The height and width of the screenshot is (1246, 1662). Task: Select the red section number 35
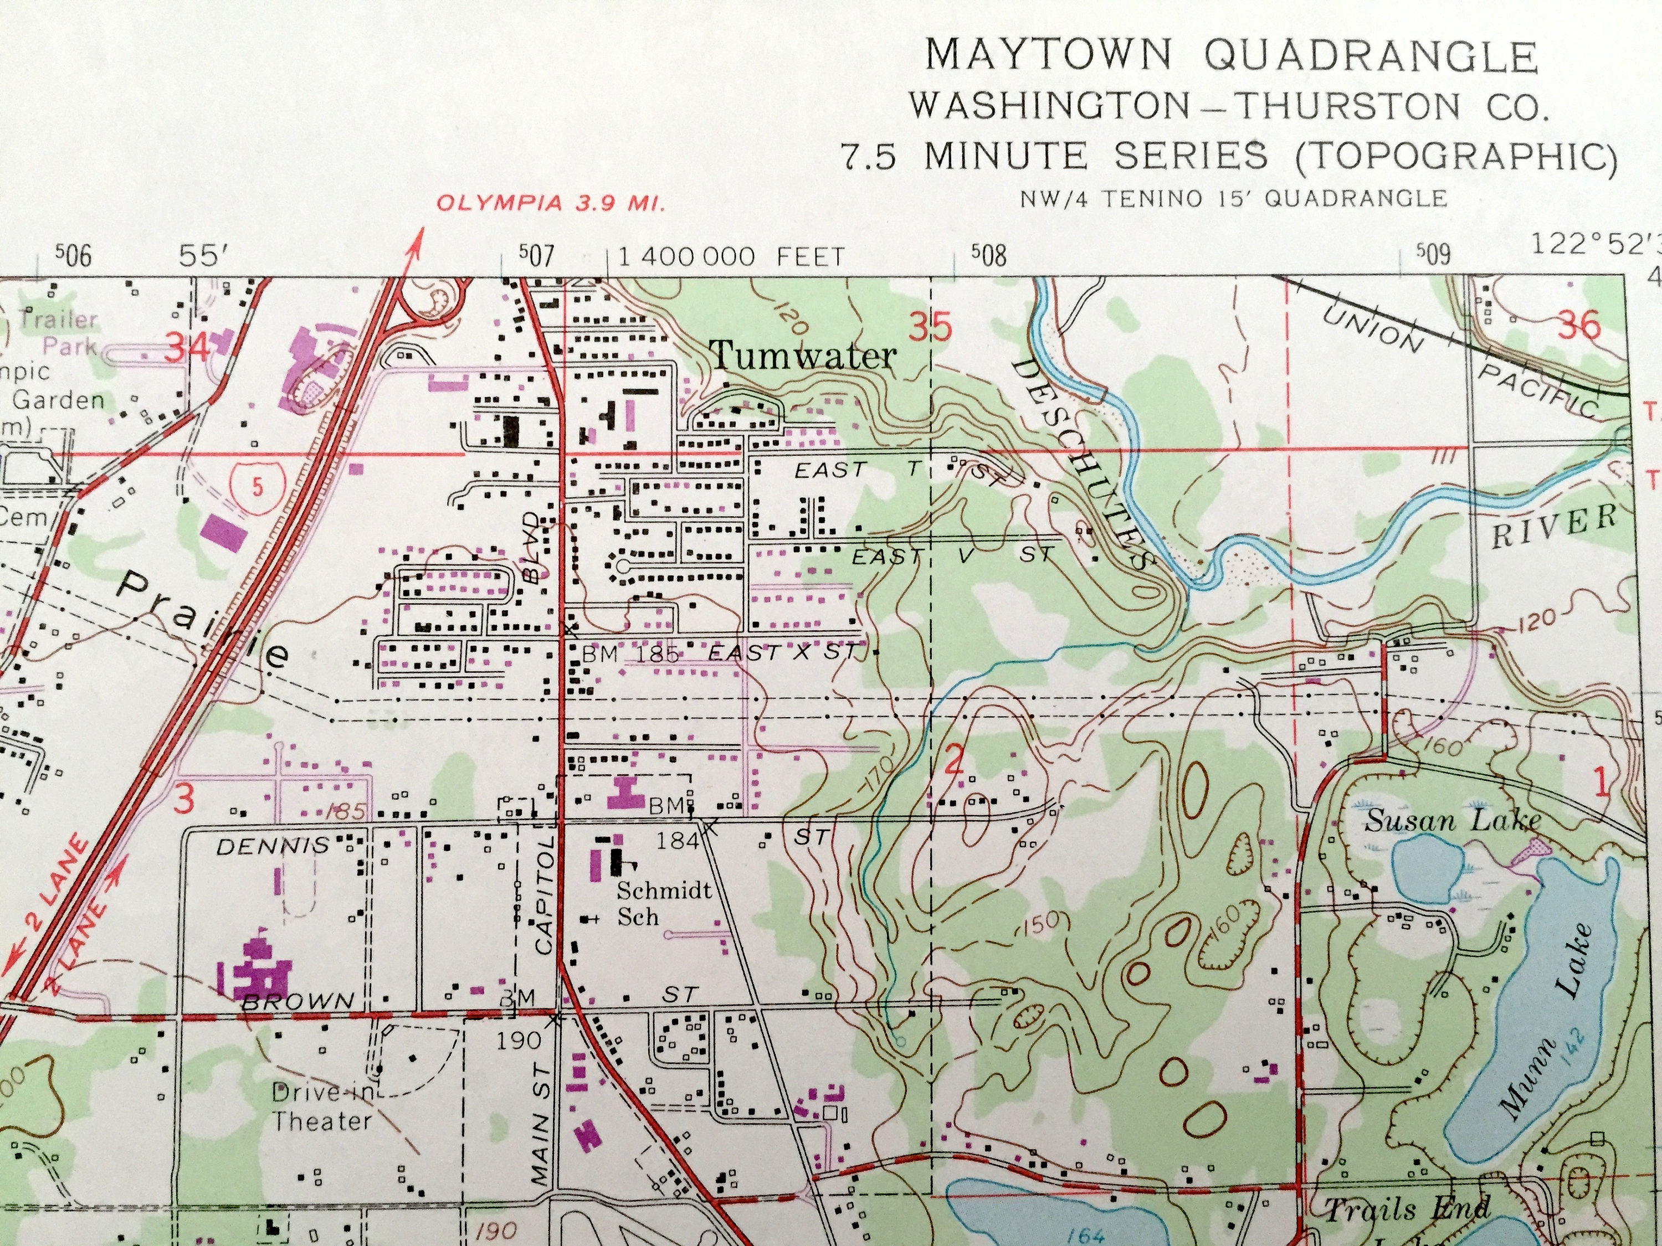click(932, 328)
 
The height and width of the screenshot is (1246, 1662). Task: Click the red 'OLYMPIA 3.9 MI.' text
click(550, 204)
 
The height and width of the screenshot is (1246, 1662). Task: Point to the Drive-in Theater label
click(321, 1106)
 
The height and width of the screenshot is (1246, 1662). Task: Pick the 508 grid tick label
click(987, 256)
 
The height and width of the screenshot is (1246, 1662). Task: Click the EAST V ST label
click(953, 557)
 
